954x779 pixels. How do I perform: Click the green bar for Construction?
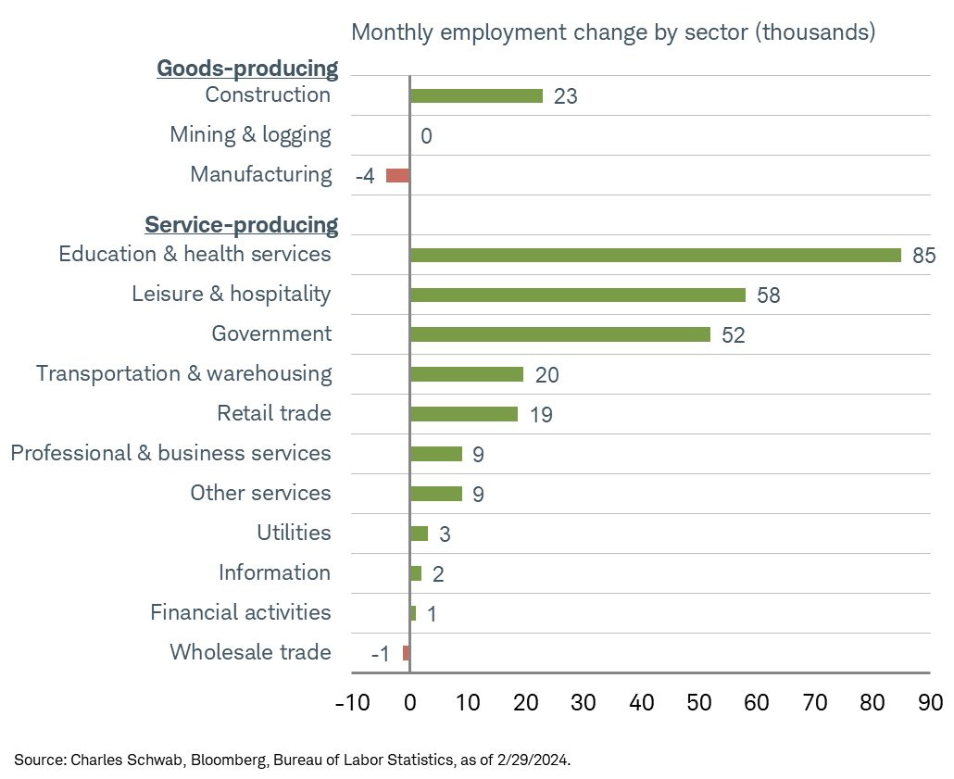pos(476,95)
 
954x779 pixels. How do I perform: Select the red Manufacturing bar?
pos(398,175)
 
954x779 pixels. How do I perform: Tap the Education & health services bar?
pos(655,255)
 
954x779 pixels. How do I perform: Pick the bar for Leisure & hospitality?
pos(577,295)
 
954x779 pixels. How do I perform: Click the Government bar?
pos(559,334)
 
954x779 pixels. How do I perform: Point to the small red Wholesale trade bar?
pos(406,653)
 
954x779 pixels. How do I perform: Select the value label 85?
pos(924,256)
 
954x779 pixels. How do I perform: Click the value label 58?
pos(768,295)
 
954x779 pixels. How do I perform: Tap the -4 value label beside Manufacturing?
pos(365,176)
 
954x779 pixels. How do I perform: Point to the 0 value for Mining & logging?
pos(426,136)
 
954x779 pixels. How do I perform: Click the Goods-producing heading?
pos(247,69)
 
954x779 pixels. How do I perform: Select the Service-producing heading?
pos(241,225)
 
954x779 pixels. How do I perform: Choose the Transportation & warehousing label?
pos(183,373)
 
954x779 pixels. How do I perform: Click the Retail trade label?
pos(273,413)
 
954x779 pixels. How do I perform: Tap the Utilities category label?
pos(294,533)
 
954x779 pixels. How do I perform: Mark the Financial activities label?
pos(240,612)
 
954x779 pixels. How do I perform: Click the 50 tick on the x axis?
pos(699,702)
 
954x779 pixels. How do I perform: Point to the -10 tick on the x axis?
pos(351,702)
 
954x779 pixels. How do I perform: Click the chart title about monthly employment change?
pos(613,32)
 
